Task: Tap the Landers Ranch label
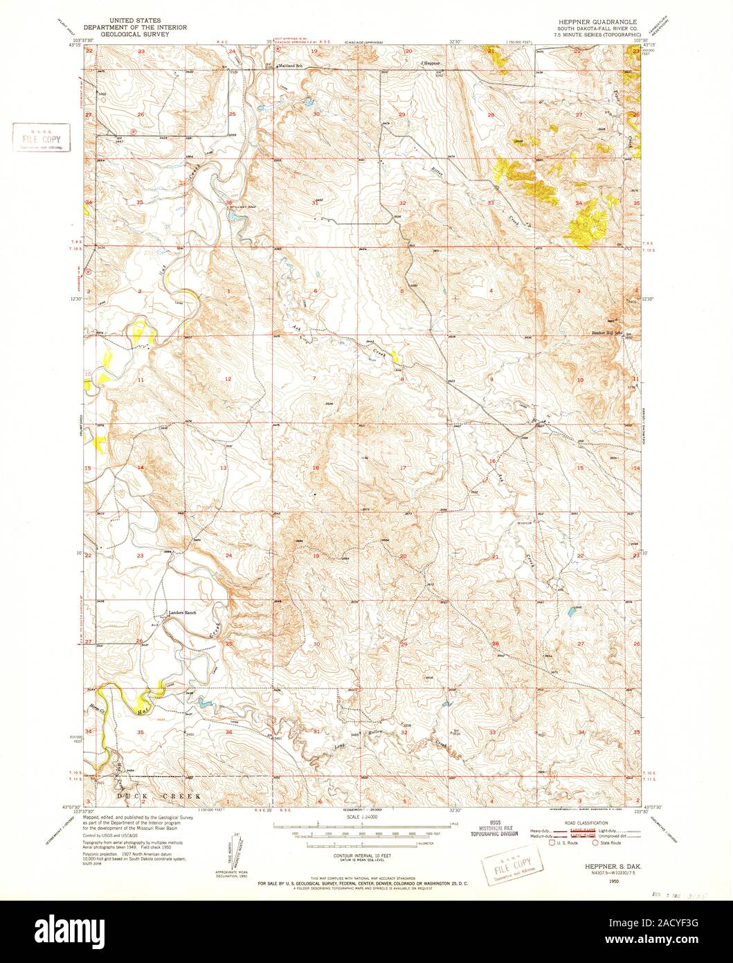(x=183, y=613)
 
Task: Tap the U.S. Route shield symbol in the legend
(x=552, y=842)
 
